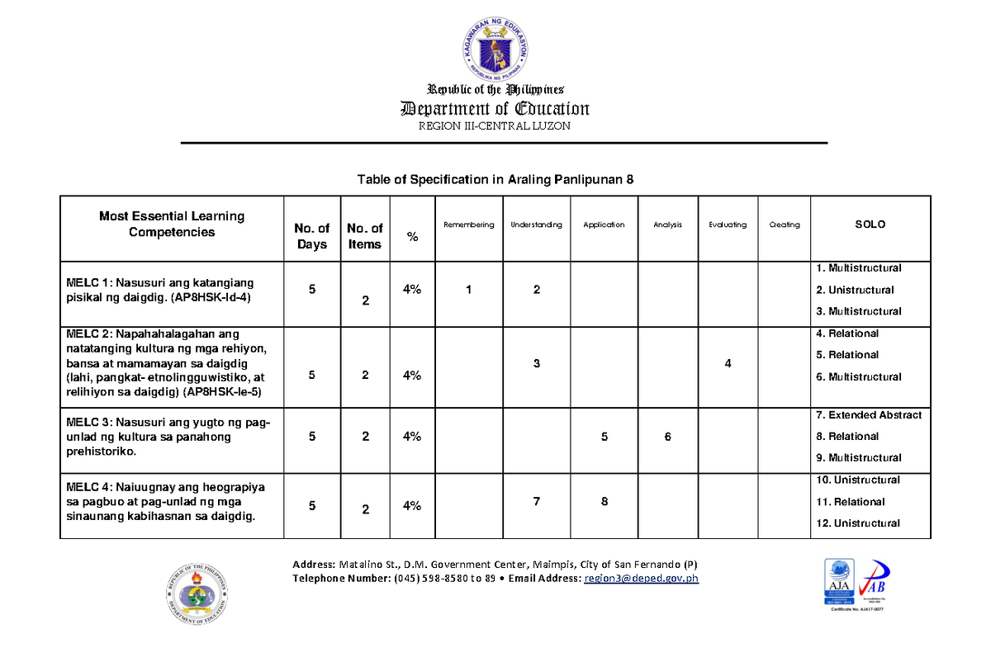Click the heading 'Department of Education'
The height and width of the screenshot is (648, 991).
(495, 109)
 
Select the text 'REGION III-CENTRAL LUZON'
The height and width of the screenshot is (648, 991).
(495, 126)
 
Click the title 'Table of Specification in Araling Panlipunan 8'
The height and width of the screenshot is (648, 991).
(495, 180)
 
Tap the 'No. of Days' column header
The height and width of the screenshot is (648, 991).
(312, 236)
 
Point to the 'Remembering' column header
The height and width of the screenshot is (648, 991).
(468, 225)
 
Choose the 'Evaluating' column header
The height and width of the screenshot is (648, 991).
(728, 225)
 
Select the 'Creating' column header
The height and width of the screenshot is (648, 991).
(785, 225)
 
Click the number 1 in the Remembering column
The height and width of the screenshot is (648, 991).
(469, 290)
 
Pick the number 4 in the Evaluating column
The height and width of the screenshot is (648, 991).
(728, 364)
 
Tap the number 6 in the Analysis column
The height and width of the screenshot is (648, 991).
(667, 438)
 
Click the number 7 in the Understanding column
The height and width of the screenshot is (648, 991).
(537, 501)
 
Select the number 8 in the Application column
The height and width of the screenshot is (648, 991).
(605, 501)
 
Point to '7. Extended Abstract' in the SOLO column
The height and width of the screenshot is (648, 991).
(869, 415)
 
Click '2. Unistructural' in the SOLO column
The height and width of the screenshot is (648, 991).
(855, 290)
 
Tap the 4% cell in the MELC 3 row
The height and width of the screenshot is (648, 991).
(412, 437)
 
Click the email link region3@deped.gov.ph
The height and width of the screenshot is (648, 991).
(641, 579)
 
